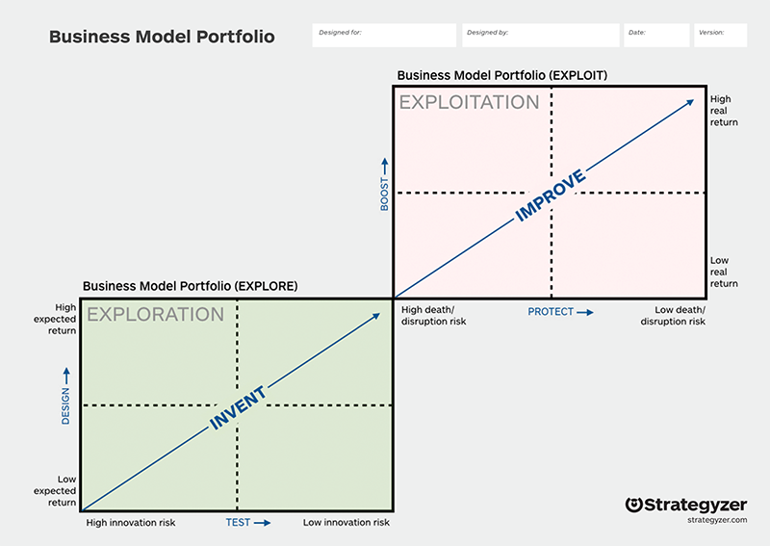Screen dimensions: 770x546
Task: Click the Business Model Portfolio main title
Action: pos(162,37)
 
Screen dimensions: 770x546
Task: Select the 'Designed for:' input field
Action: pos(384,36)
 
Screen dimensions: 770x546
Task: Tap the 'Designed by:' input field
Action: pos(541,36)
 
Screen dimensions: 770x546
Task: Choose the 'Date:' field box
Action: pos(656,36)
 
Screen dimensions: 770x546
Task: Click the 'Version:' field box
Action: pos(720,36)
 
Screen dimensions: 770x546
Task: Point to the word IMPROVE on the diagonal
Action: pos(550,195)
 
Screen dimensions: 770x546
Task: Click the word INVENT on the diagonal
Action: pos(238,408)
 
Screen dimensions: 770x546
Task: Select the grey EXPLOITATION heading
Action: pos(469,102)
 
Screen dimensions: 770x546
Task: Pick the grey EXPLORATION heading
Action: pos(155,315)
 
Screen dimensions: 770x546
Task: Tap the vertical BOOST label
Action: pos(384,195)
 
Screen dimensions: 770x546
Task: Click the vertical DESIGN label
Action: pos(65,406)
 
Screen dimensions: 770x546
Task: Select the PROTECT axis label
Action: pos(551,312)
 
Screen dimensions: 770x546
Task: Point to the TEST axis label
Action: pos(238,523)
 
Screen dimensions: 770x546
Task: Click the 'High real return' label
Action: pos(724,111)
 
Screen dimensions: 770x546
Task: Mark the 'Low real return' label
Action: pos(724,272)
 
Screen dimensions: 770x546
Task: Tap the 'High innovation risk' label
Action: pos(131,523)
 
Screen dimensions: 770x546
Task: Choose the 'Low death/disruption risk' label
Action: pos(673,316)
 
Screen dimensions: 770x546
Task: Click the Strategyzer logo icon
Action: pos(634,505)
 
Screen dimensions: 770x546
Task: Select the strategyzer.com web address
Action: pos(717,520)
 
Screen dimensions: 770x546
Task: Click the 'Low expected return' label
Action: pos(55,490)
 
